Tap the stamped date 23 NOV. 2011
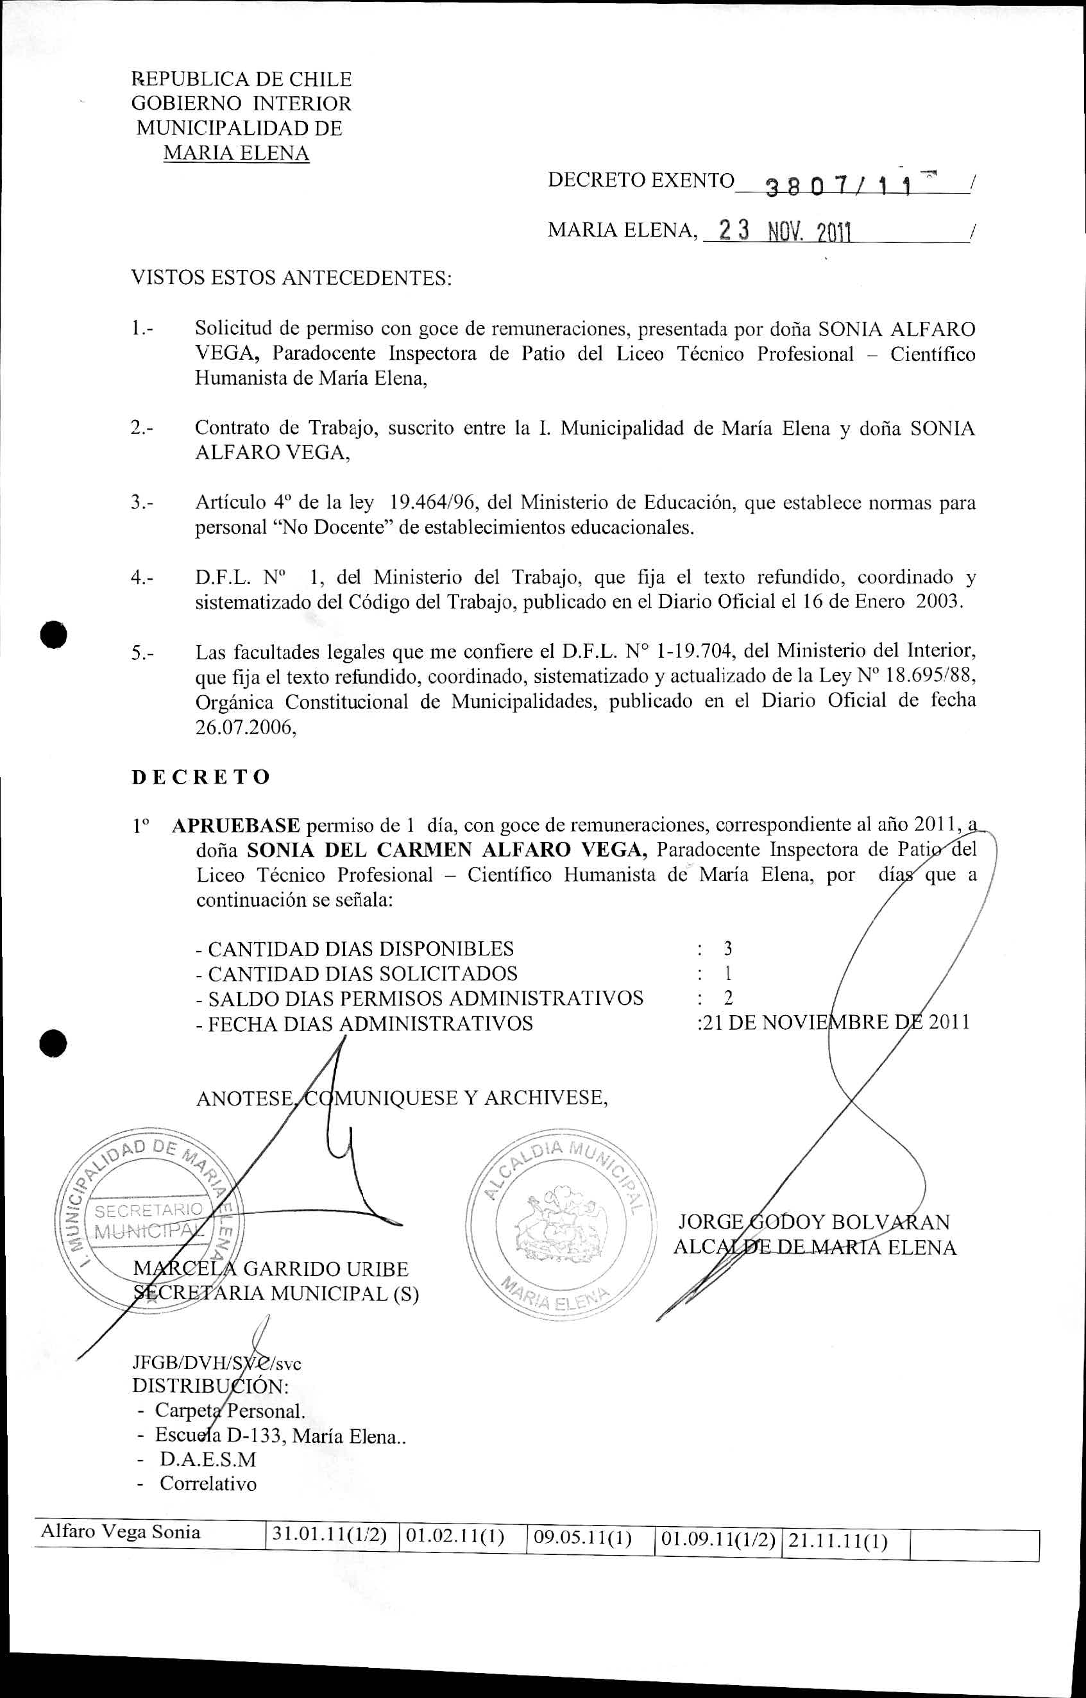point(783,231)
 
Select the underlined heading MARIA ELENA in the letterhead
point(236,153)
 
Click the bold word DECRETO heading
point(201,777)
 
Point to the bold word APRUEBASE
point(236,825)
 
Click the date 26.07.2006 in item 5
point(244,727)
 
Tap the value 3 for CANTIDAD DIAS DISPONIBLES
point(728,948)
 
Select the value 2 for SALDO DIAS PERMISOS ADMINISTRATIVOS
point(728,998)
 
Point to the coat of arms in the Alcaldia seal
point(561,1225)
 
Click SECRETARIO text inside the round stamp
point(148,1211)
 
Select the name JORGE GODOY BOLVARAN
point(814,1222)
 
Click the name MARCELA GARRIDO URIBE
point(271,1269)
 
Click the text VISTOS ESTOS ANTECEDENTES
point(291,278)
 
